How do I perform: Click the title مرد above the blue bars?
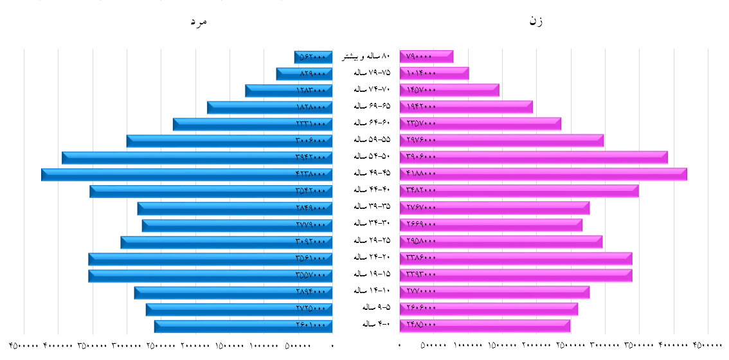(200, 22)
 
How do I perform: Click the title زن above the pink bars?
(535, 21)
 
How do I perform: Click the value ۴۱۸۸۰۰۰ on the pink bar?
(421, 174)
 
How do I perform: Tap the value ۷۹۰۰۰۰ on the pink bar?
(419, 57)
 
